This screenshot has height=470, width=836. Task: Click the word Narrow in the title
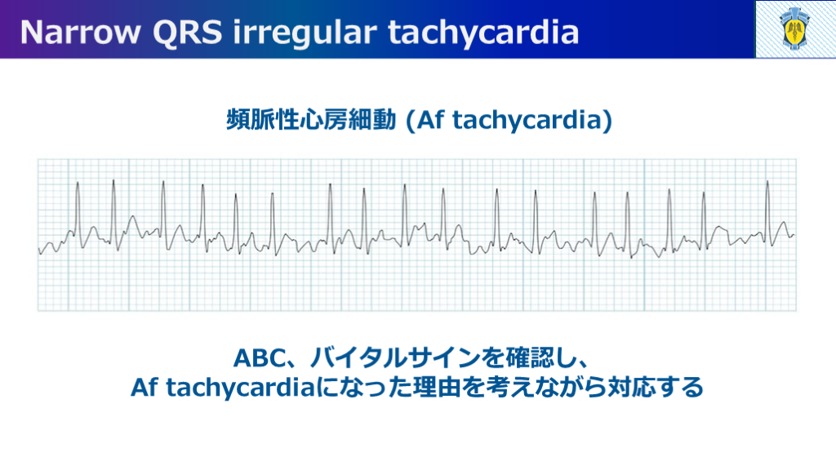click(x=80, y=32)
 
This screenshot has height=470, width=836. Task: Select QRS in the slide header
click(x=187, y=32)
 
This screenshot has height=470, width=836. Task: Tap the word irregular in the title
click(x=305, y=33)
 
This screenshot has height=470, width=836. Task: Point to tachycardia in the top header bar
click(x=483, y=33)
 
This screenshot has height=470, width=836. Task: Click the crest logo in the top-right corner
click(x=795, y=29)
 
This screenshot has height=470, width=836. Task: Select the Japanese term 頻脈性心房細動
click(x=311, y=120)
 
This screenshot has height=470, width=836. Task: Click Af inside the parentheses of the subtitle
click(x=430, y=119)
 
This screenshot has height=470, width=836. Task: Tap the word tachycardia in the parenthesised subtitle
click(x=527, y=121)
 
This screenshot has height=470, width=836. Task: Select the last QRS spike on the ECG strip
click(x=768, y=213)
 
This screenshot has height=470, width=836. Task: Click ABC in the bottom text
click(x=260, y=358)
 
